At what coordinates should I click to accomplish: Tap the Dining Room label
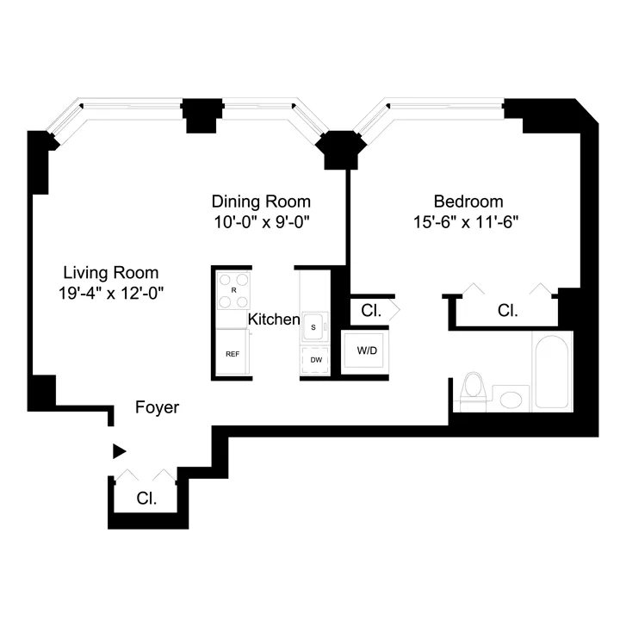[x=261, y=201]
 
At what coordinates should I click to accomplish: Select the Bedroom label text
[x=468, y=201]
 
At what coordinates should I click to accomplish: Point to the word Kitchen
[x=274, y=319]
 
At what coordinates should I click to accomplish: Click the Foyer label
[x=158, y=407]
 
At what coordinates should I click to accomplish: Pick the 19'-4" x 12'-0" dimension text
[x=108, y=293]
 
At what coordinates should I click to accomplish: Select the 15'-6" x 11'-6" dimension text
[x=468, y=222]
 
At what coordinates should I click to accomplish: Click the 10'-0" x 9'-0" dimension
[x=261, y=222]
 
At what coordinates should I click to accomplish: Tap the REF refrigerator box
[x=232, y=353]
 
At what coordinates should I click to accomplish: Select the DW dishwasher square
[x=315, y=359]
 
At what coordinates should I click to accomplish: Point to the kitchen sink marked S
[x=314, y=326]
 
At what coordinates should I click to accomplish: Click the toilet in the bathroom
[x=473, y=389]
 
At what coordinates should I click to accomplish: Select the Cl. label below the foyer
[x=147, y=498]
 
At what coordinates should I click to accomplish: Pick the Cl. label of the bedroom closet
[x=508, y=311]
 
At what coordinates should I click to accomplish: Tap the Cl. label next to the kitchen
[x=371, y=311]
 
